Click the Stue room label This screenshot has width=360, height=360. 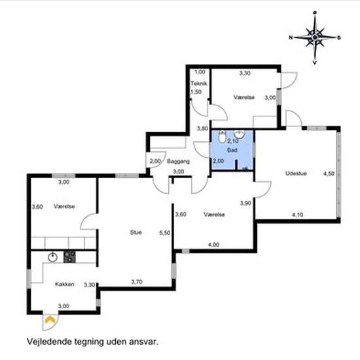135,232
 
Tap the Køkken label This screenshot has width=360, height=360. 65,284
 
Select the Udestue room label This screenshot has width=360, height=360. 296,173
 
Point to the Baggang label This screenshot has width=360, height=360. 179,161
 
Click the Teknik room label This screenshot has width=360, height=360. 199,83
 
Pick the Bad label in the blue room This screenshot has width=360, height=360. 232,150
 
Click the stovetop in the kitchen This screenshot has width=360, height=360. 69,257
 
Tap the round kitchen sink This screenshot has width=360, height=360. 53,257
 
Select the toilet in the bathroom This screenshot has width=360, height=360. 222,137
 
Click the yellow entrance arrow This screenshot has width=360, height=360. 49,319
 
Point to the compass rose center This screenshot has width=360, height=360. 315,37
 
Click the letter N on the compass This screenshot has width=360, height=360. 291,37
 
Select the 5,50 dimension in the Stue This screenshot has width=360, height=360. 165,233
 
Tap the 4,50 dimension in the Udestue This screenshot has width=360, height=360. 329,174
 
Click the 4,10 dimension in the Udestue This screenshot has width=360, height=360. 297,215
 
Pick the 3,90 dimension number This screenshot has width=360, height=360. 245,203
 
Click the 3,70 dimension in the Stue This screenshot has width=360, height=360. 137,281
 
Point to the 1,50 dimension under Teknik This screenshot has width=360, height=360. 196,92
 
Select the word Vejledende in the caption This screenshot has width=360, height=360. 49,342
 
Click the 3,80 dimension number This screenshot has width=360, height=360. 202,128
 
